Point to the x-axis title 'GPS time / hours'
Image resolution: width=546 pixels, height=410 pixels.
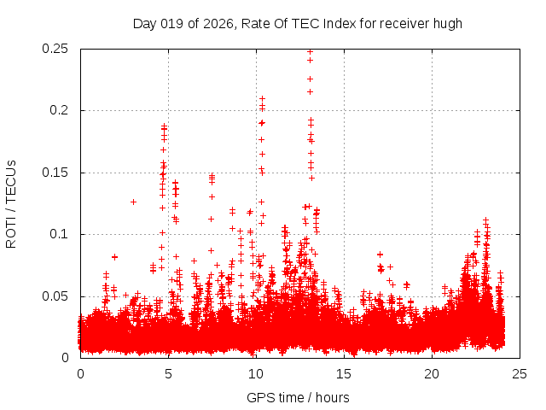(298, 397)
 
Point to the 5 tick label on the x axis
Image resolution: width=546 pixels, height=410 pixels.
(168, 374)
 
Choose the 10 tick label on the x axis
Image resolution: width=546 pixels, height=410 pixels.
(256, 374)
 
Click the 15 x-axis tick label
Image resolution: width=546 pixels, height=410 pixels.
(344, 374)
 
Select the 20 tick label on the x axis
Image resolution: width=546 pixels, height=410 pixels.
(432, 374)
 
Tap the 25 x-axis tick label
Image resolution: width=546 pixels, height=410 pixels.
(520, 374)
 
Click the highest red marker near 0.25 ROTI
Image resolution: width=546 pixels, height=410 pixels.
(310, 51)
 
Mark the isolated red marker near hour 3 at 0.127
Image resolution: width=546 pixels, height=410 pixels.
(133, 202)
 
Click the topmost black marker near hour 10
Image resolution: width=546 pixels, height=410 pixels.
(262, 98)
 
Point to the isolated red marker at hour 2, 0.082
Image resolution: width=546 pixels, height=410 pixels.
(114, 256)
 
